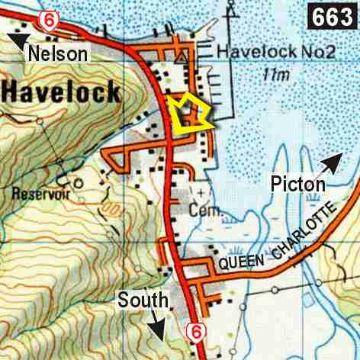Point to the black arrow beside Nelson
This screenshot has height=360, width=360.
[17, 40]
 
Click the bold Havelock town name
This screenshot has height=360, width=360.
[60, 93]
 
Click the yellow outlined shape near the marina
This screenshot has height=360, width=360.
[190, 115]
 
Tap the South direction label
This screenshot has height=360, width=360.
[139, 301]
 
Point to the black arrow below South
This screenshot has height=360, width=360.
[158, 328]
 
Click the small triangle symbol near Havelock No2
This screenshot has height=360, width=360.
[180, 57]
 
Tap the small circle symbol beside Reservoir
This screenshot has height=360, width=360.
[77, 183]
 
